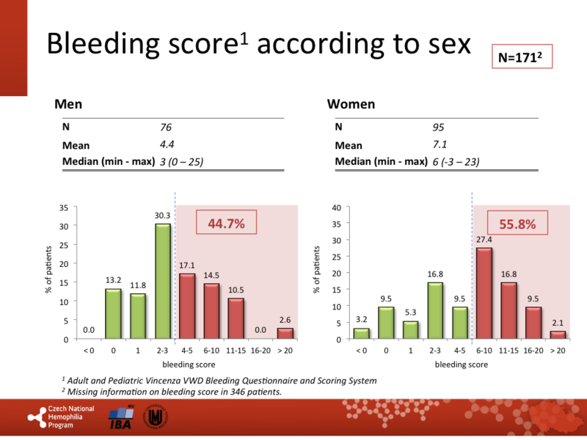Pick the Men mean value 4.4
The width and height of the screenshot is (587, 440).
pos(167,144)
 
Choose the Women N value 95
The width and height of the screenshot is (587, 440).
pos(439,127)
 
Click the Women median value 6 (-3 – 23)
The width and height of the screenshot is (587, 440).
pos(456,161)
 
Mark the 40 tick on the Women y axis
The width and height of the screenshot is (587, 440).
pos(337,207)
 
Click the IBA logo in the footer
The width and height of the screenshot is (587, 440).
pos(119,419)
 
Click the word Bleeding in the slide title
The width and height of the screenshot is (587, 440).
pos(94,45)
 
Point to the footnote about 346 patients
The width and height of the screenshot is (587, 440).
pos(172,392)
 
